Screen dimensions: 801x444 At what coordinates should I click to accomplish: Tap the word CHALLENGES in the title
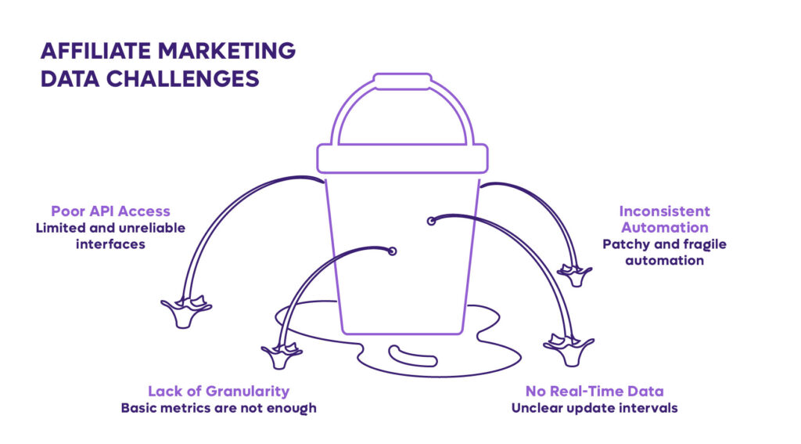(x=183, y=79)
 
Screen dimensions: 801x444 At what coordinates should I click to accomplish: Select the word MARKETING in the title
(x=227, y=51)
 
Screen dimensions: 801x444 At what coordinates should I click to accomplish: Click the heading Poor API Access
(x=110, y=211)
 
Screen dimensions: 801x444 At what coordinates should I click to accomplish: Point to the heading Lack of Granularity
(x=219, y=392)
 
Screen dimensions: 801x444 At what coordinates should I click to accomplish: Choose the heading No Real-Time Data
(x=594, y=392)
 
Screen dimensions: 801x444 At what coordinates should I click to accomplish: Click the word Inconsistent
(x=665, y=211)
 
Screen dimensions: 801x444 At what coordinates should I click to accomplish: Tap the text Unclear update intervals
(x=594, y=408)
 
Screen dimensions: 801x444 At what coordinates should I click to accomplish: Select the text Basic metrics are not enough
(x=219, y=408)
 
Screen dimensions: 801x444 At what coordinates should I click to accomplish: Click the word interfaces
(x=110, y=244)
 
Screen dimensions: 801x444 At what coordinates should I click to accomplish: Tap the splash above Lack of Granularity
(x=282, y=356)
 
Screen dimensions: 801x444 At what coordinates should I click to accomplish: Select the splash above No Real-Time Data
(x=569, y=349)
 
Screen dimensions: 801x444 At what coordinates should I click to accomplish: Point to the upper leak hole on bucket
(x=431, y=221)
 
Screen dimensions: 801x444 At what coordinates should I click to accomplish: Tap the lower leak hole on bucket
(x=393, y=251)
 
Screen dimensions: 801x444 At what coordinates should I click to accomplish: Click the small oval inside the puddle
(x=413, y=356)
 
